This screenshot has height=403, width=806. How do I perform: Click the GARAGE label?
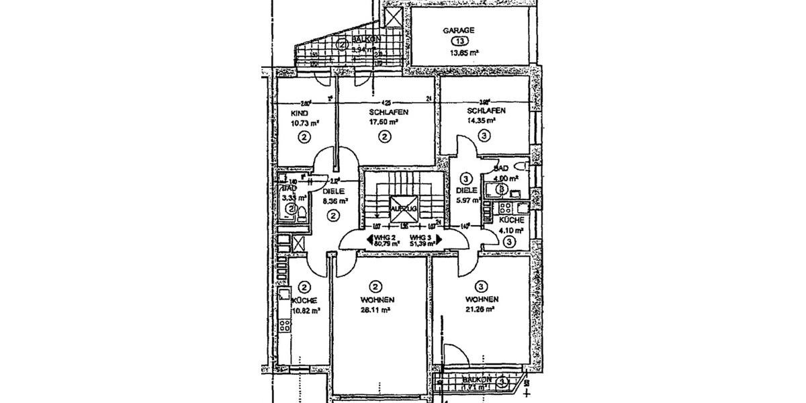click(459, 30)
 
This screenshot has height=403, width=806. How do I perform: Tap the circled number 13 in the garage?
click(459, 41)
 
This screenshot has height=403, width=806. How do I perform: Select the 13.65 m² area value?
click(463, 52)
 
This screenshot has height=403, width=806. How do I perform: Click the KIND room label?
click(299, 114)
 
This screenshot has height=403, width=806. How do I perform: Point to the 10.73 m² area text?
click(304, 123)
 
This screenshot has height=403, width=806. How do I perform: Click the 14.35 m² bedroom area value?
click(481, 121)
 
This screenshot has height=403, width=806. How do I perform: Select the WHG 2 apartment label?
click(383, 238)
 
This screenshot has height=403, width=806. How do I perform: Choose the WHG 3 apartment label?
click(420, 238)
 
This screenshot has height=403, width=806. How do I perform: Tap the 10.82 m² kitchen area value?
click(306, 311)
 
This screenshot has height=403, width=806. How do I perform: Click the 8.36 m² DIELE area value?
click(334, 201)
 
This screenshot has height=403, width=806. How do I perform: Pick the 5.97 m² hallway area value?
click(467, 200)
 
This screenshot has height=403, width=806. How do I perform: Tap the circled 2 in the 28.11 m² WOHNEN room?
click(375, 285)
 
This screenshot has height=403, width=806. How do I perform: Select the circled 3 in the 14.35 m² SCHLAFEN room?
click(485, 135)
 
